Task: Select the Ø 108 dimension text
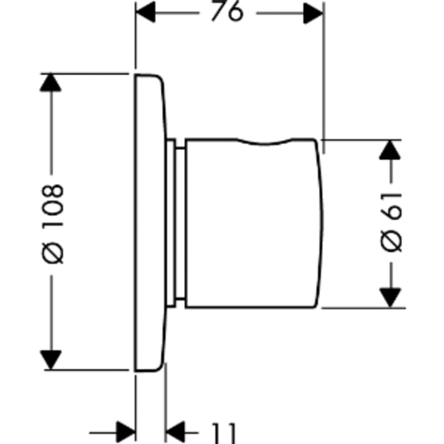click(53, 224)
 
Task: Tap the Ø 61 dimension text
click(391, 222)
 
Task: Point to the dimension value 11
click(224, 434)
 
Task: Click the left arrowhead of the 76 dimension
click(146, 12)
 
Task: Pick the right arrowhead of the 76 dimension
click(314, 13)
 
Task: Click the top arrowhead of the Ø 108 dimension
click(50, 82)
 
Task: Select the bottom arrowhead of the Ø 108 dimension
click(51, 360)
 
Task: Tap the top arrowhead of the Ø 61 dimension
click(390, 150)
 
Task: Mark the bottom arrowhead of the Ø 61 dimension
click(390, 298)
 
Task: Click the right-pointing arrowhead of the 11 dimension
click(126, 433)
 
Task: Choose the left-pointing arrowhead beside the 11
click(175, 433)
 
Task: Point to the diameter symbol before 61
click(391, 241)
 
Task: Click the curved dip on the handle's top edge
click(264, 144)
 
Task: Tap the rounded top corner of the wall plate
click(159, 79)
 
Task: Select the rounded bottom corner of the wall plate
click(158, 367)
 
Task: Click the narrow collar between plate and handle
click(176, 223)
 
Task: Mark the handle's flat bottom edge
click(250, 307)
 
